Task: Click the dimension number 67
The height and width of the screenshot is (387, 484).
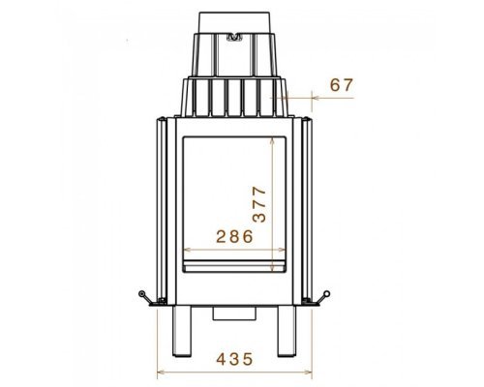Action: pyautogui.click(x=342, y=85)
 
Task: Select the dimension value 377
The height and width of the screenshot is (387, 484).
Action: pyautogui.click(x=259, y=204)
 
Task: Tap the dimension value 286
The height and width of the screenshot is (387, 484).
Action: pyautogui.click(x=234, y=236)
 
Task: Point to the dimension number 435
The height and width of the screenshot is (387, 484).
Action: pyautogui.click(x=234, y=359)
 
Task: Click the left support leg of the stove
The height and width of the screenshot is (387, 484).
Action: pyautogui.click(x=182, y=331)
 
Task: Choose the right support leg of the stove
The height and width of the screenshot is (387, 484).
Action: pyautogui.click(x=287, y=331)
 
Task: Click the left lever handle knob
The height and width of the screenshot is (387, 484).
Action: pyautogui.click(x=141, y=293)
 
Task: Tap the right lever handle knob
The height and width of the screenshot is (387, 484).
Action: pyautogui.click(x=327, y=293)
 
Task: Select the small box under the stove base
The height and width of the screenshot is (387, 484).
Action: pyautogui.click(x=234, y=313)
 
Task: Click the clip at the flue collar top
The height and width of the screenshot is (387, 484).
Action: pyautogui.click(x=234, y=37)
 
